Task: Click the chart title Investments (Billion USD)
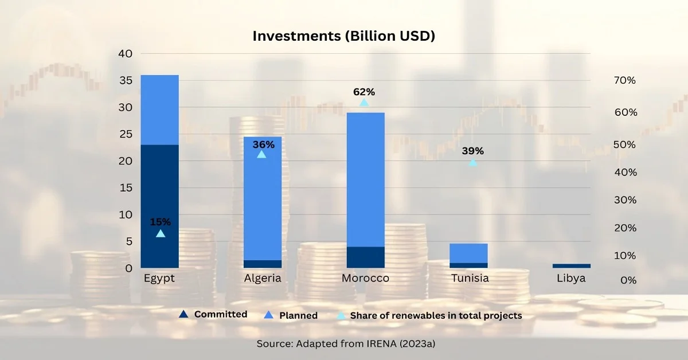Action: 344,36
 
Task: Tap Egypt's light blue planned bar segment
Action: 159,109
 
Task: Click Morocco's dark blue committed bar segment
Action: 366,257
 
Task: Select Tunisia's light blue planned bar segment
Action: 468,253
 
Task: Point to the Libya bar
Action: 572,266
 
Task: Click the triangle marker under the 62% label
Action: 364,103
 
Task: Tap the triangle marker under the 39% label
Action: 472,163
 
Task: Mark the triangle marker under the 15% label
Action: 161,233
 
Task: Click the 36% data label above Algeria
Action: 263,144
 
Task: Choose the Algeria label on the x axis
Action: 263,279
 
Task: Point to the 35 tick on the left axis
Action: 125,80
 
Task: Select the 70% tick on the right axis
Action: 624,81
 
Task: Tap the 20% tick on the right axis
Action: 624,228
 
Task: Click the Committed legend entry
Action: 220,314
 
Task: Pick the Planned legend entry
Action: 298,315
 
